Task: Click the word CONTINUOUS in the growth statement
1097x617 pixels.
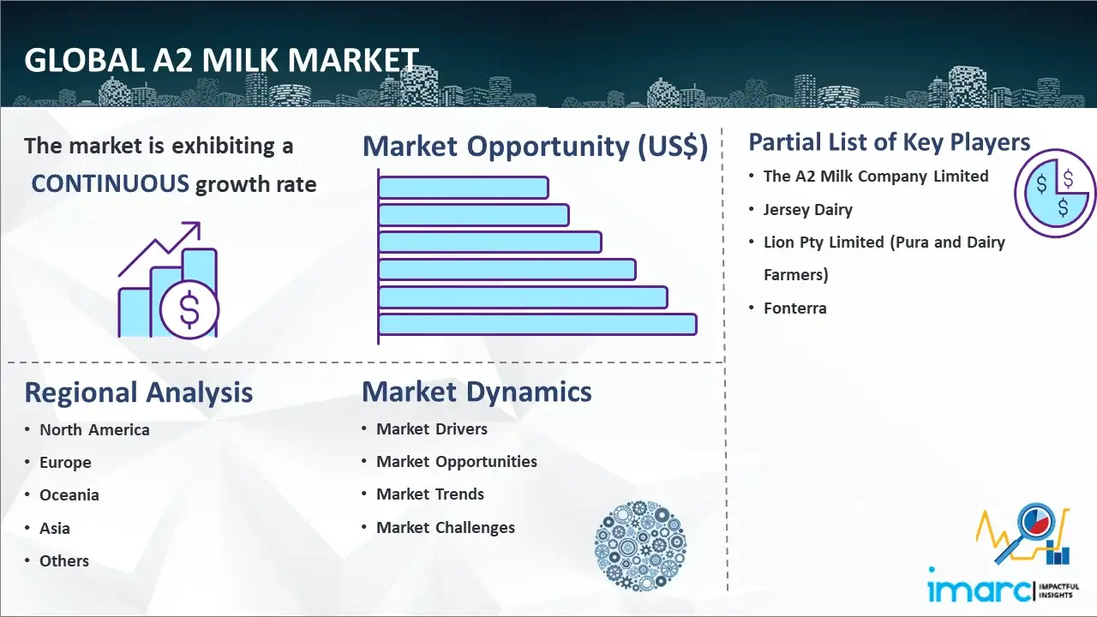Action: [111, 184]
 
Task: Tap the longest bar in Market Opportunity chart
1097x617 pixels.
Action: [537, 325]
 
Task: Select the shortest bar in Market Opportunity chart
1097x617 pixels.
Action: [464, 188]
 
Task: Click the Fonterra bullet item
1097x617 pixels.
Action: [794, 308]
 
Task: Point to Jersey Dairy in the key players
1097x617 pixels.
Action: [808, 210]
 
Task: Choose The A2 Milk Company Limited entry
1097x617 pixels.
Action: [876, 177]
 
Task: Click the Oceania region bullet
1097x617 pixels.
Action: [69, 495]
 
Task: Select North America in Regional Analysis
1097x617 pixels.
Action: [94, 429]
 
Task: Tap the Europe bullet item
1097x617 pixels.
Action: [65, 462]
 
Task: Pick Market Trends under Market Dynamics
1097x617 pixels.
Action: [430, 494]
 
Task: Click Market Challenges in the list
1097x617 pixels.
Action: [446, 527]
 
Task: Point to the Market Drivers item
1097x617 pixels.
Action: [432, 429]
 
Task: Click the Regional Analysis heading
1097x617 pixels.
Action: [139, 392]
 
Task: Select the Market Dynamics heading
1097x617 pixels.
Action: [477, 392]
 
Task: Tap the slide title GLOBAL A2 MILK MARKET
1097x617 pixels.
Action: [221, 60]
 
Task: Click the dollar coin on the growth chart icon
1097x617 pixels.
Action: [189, 309]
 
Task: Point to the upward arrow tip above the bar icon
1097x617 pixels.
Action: [200, 223]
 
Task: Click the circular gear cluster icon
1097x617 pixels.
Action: [640, 545]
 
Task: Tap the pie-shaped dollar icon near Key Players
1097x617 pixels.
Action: [1055, 194]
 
